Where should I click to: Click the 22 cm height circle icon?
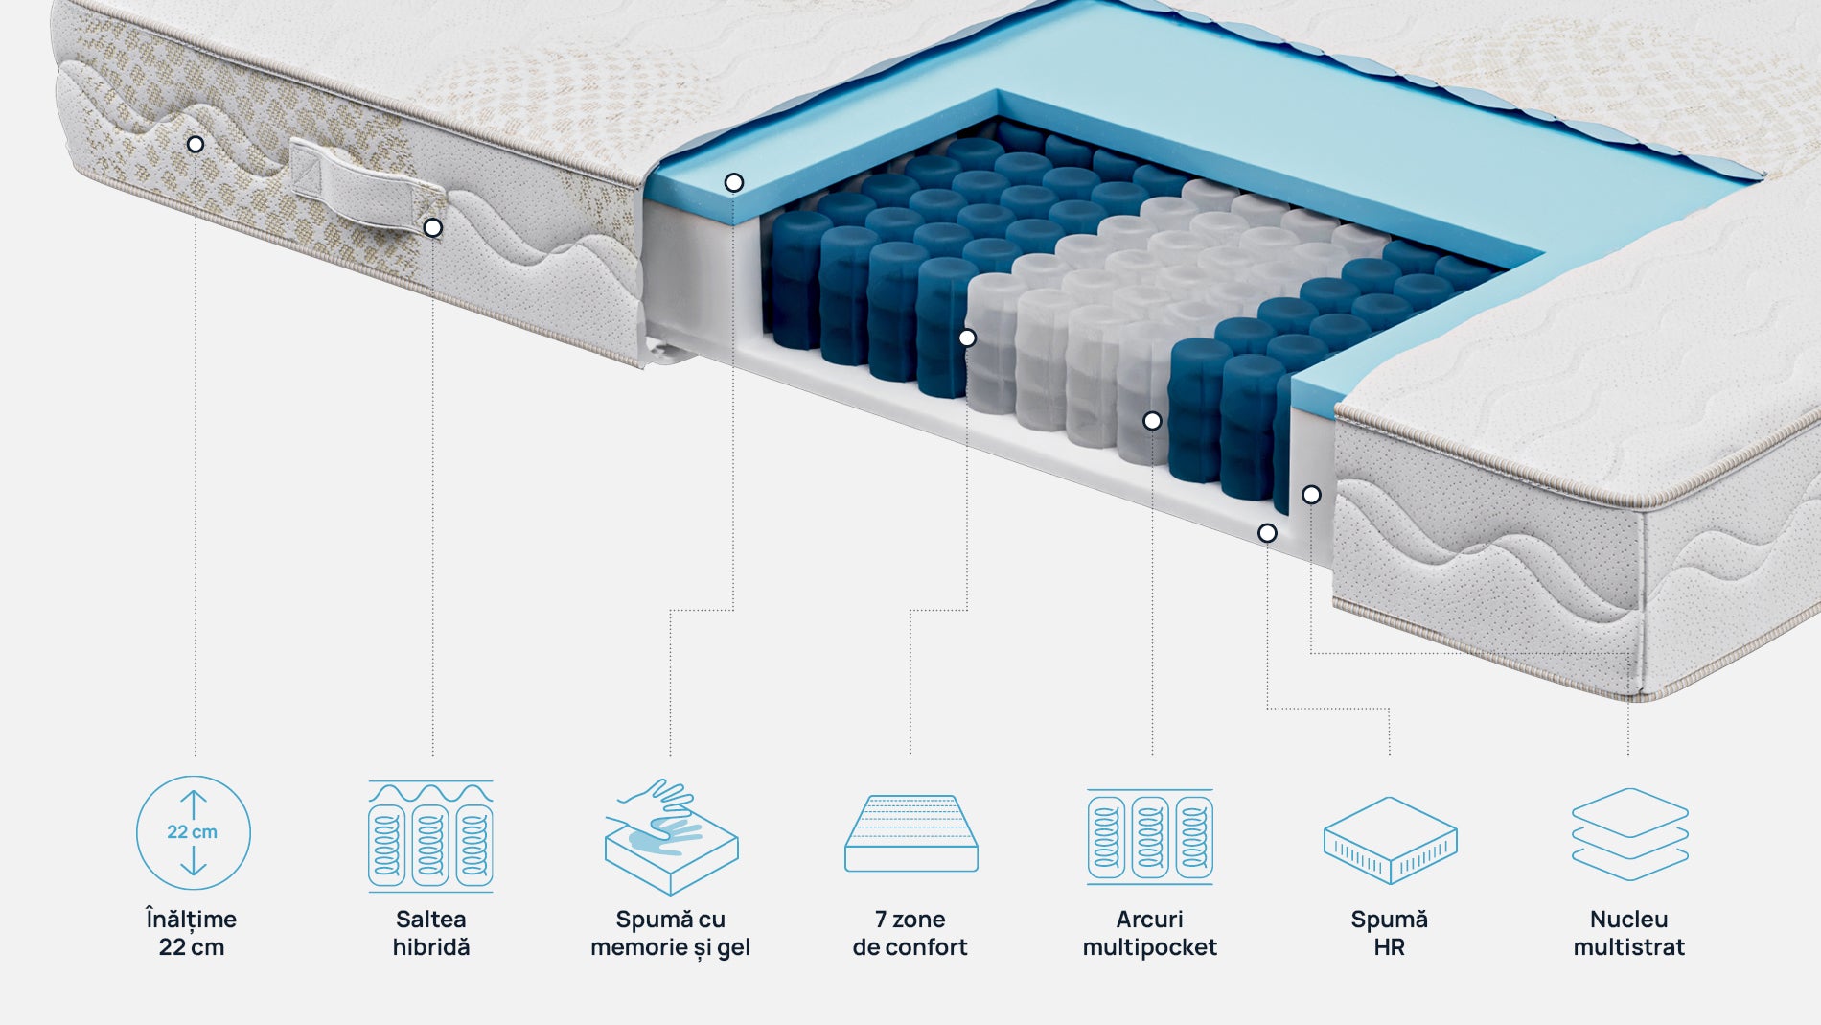coord(193,832)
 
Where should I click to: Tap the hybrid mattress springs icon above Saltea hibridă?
coord(430,835)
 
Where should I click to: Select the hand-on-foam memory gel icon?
coord(671,836)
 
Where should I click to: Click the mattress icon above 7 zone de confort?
coord(910,833)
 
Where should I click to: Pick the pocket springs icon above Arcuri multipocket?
coord(1150,835)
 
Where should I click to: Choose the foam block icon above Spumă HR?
coord(1390,839)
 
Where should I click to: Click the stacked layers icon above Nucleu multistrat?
coord(1629,834)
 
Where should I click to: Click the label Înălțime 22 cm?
coord(192,933)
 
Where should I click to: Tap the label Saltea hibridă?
coord(431,933)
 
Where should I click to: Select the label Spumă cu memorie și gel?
coord(671,933)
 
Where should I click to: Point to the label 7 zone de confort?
coord(910,933)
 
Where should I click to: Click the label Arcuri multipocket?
coord(1150,933)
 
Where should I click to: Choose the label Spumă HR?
coord(1390,933)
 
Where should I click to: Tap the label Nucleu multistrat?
coord(1629,933)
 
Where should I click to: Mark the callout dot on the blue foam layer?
coord(734,182)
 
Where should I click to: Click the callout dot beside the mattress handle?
coord(433,228)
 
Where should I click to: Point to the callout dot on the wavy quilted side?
coord(196,145)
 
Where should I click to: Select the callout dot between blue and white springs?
coord(967,338)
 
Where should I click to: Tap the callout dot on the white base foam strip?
coord(1267,533)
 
